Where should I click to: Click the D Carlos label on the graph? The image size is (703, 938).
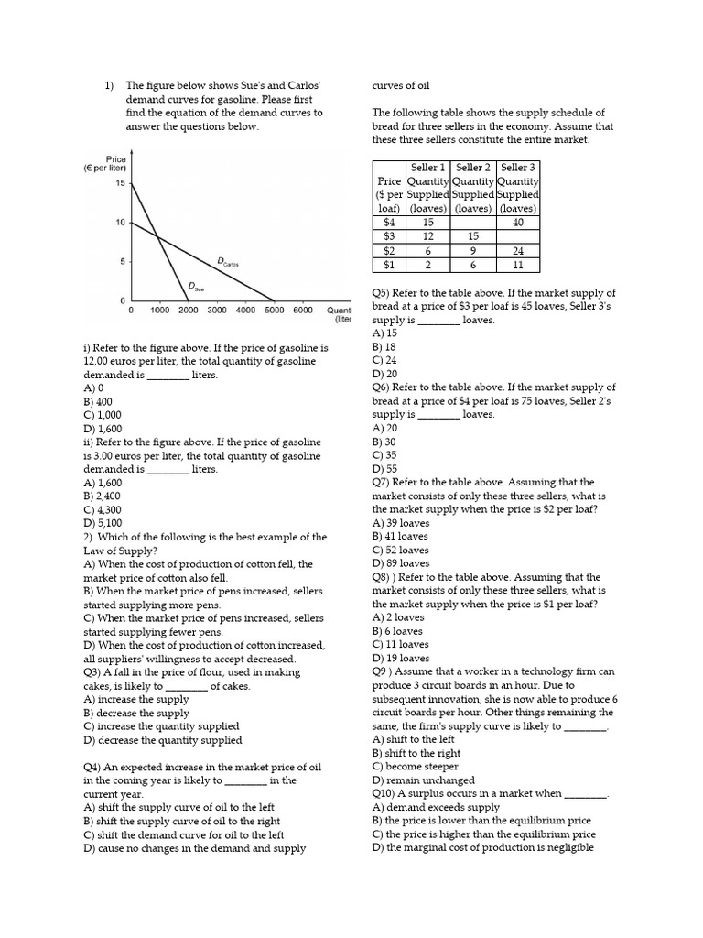228,262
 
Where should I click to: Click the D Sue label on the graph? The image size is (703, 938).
196,286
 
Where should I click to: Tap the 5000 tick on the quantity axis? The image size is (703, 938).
274,311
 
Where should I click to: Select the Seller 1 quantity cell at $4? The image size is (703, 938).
427,222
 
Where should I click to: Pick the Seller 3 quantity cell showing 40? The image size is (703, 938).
518,222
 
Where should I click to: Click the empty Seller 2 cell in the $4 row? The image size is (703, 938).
472,222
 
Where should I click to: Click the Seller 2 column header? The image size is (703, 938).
473,167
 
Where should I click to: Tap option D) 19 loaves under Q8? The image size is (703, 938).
400,658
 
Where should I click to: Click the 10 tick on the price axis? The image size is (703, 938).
120,223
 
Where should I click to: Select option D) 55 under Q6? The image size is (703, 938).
384,468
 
